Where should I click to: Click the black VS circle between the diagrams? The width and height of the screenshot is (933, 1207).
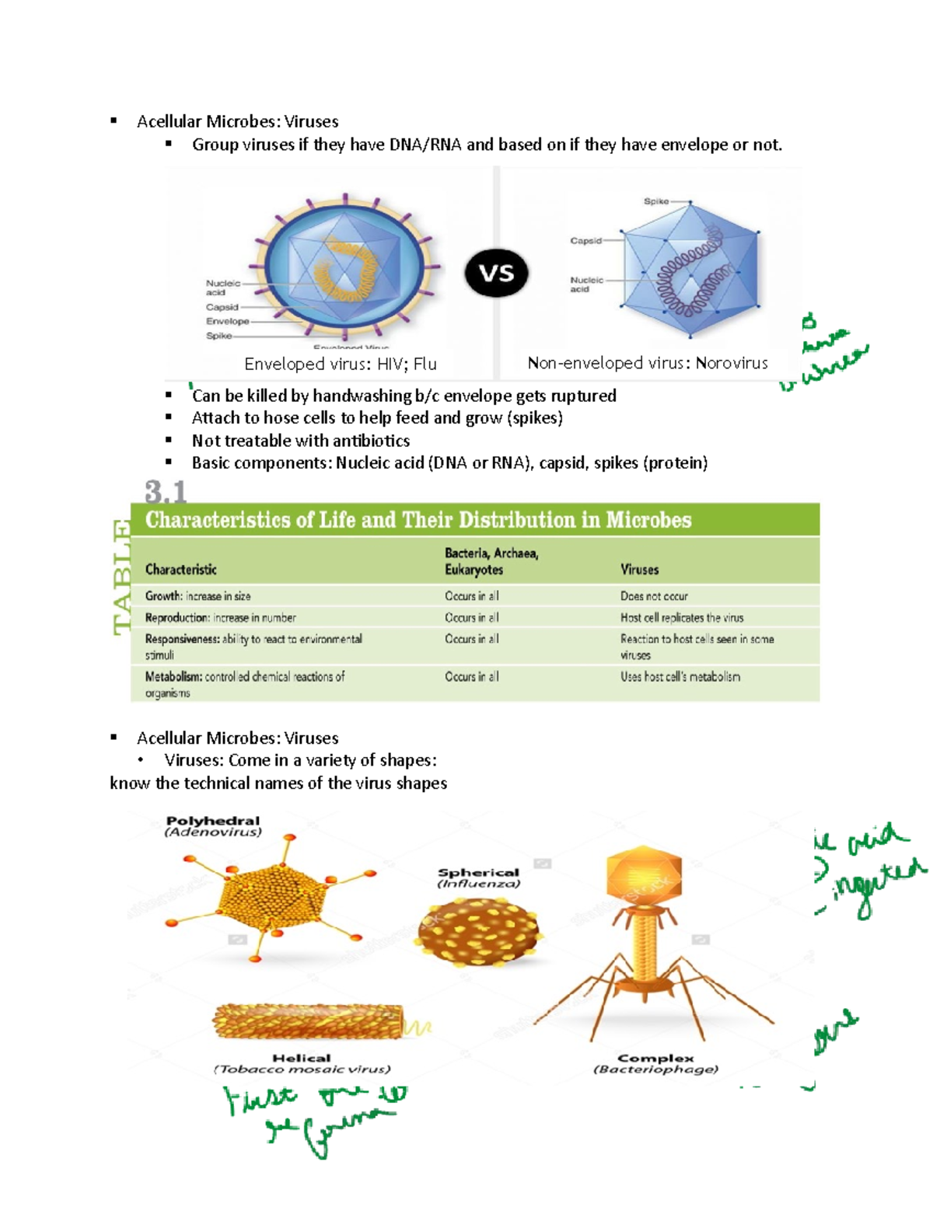(496, 273)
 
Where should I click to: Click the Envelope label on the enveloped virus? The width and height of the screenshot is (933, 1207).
(227, 321)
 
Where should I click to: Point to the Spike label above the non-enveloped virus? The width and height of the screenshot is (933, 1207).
(655, 201)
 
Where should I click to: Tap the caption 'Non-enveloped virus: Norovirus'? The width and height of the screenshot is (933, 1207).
(647, 363)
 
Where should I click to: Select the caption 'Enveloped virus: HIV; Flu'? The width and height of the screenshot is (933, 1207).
(340, 364)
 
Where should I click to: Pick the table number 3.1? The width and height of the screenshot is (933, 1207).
(165, 492)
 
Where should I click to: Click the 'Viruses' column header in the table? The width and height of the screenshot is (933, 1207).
(639, 570)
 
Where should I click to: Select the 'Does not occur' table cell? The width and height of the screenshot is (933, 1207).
(654, 596)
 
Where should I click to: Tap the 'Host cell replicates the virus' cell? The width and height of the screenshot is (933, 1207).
(681, 618)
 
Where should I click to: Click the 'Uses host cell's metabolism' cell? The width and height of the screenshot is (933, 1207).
(680, 677)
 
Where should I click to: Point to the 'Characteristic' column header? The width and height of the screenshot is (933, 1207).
(180, 570)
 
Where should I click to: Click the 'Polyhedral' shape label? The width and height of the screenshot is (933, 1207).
(213, 821)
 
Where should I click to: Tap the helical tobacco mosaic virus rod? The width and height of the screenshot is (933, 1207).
(309, 1022)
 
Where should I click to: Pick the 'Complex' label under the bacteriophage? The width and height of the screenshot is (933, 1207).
(655, 1058)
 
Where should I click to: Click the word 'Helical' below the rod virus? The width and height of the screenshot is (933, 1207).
(301, 1058)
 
